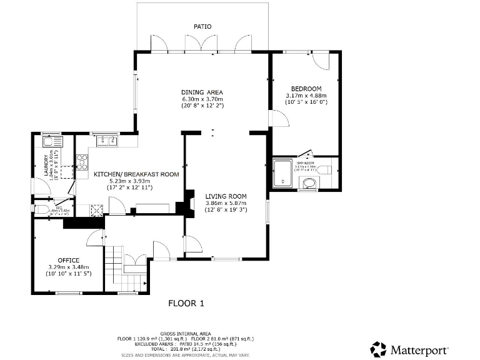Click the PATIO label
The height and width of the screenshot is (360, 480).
point(202,27)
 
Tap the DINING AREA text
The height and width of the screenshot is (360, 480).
point(202,92)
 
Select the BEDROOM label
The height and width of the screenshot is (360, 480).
point(306,88)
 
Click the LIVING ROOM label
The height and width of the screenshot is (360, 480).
point(226,196)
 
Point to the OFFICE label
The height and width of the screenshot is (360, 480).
point(69,260)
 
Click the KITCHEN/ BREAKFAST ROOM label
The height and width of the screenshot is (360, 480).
point(136,174)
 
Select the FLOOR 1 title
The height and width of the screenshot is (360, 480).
point(186,304)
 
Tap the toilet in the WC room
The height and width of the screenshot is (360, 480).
point(42,209)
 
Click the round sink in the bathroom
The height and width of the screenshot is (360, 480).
point(309,183)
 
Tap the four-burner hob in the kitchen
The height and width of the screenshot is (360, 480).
point(81,162)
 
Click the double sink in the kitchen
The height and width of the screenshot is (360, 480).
point(104,141)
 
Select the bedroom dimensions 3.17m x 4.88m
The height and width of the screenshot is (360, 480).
point(306,95)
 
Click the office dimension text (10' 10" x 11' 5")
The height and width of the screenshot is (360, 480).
point(69,274)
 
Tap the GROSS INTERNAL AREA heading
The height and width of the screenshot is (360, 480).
point(186,334)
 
